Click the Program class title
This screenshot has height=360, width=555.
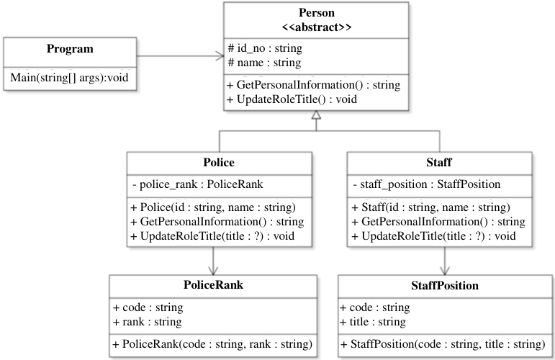70,49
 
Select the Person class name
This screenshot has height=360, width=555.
317,12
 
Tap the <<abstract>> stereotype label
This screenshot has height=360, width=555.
317,27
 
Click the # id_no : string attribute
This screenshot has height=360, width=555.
265,48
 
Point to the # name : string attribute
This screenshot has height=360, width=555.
264,63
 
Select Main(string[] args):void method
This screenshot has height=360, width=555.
69,78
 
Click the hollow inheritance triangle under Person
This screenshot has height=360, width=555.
317,115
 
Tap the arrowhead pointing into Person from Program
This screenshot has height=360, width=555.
220,55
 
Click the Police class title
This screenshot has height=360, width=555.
219,163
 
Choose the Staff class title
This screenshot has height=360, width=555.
439,163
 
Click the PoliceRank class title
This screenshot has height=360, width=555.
214,285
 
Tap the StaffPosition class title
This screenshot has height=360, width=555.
445,285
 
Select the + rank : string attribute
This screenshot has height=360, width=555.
148,322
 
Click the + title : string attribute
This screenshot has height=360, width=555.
373,322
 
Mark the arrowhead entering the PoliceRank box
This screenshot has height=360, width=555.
213,271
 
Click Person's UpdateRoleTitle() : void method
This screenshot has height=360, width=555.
292,99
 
